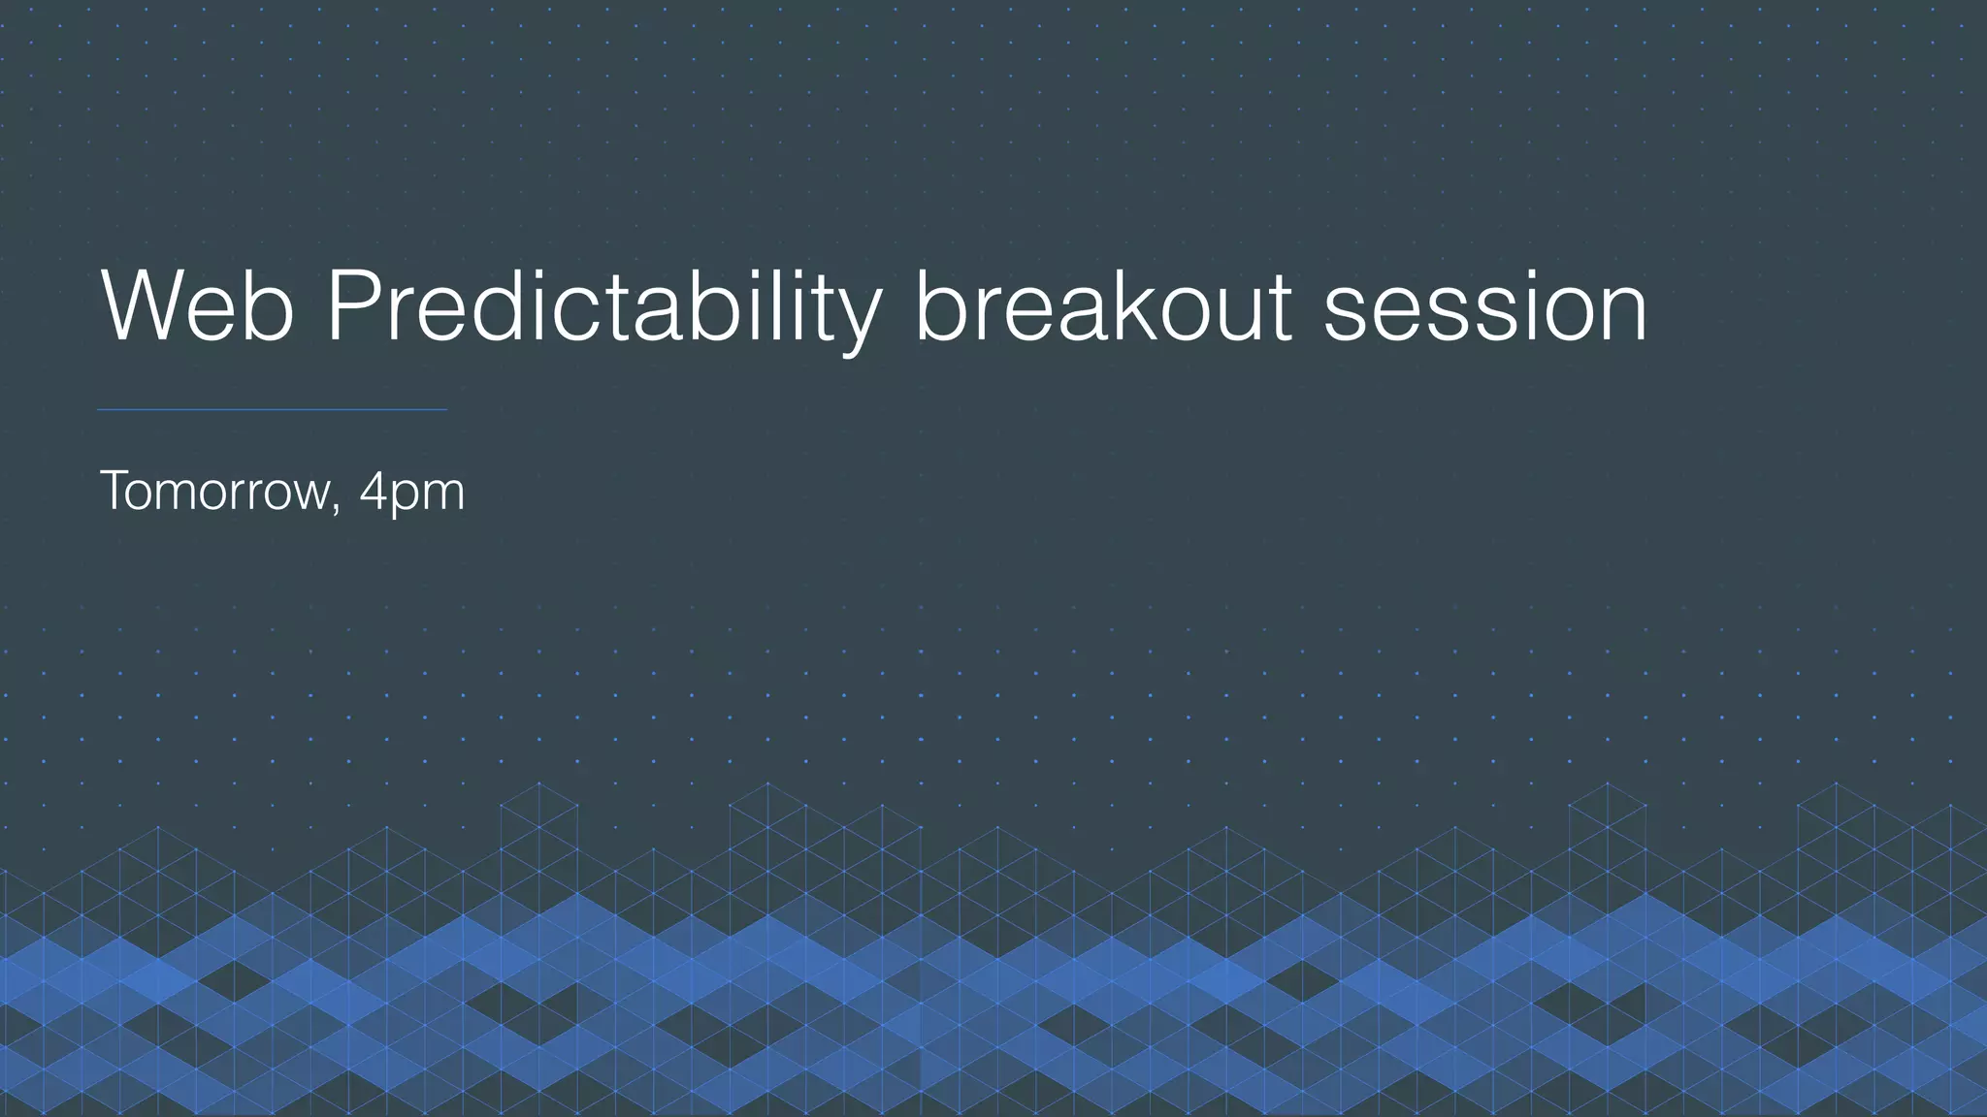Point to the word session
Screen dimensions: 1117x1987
tap(1484, 308)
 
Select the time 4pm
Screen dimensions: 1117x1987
tap(411, 493)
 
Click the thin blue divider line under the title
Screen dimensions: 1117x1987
tap(272, 410)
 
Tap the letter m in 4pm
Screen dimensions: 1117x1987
tap(441, 495)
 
